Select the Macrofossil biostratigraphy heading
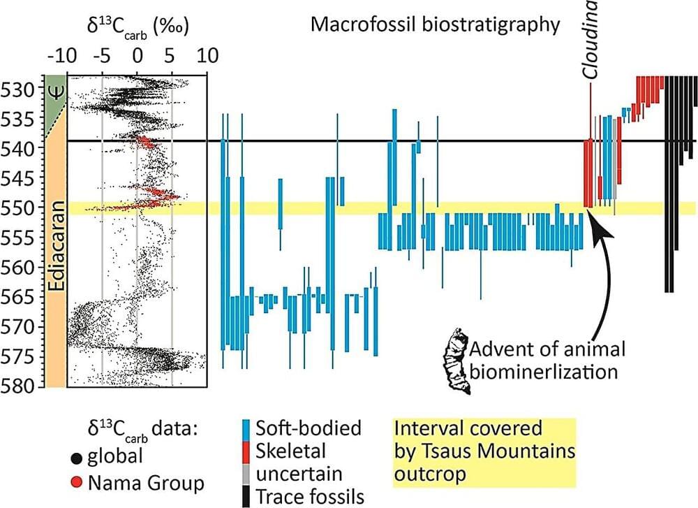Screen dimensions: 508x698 point(435,26)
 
